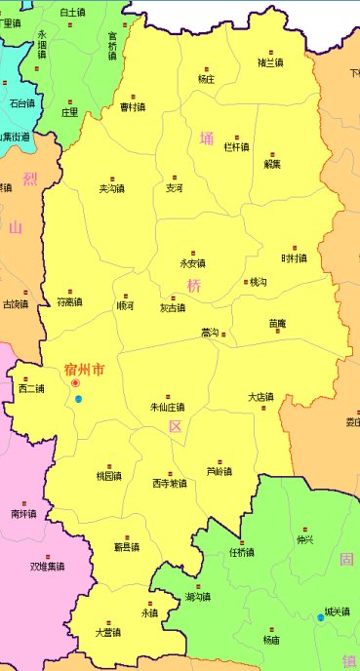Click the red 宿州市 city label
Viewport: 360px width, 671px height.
pos(84,370)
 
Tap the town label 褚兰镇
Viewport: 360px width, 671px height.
pos(270,63)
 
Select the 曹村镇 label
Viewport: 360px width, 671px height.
pos(133,107)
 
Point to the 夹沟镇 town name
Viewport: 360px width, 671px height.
pos(112,188)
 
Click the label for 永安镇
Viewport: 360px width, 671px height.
pos(193,263)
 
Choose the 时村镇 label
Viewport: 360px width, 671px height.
pos(293,258)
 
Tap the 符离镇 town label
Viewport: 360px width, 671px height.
pos(69,301)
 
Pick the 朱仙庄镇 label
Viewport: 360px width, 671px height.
pos(168,407)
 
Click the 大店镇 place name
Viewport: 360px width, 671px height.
pos(260,397)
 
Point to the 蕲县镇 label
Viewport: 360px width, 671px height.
pos(127,546)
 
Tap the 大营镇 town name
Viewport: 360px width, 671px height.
pos(107,632)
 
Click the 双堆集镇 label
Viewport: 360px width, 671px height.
pos(48,565)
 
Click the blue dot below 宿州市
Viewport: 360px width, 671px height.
pos(78,399)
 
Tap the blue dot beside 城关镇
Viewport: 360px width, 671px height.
pos(320,617)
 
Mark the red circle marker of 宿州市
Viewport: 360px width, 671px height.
pos(75,383)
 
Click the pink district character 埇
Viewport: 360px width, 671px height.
pos(206,138)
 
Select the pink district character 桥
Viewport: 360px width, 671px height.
pos(194,286)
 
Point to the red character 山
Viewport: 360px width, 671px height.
pos(16,228)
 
